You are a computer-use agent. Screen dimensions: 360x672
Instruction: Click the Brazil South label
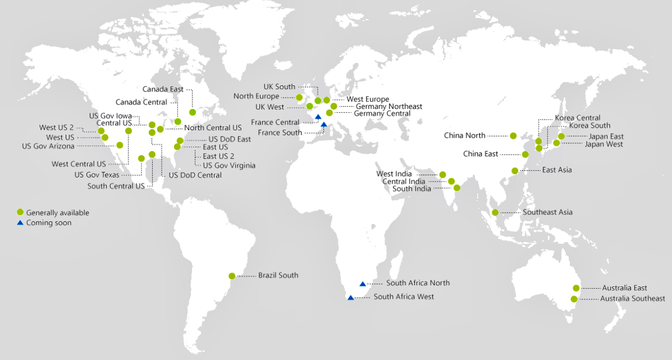[278, 275]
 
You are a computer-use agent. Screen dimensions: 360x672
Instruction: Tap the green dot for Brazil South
[232, 276]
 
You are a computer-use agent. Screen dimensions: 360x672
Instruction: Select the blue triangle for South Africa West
[351, 298]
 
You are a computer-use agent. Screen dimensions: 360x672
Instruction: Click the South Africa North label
[418, 283]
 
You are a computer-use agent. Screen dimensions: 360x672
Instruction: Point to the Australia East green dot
[576, 288]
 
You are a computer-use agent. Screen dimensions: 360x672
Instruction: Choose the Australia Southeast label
[632, 298]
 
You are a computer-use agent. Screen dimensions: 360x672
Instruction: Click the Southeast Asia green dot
[495, 212]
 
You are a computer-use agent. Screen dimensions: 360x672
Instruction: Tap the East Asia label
[556, 170]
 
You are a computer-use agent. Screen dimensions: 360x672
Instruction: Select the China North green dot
[513, 135]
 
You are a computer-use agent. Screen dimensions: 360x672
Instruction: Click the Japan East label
[606, 136]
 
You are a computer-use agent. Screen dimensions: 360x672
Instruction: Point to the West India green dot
[443, 175]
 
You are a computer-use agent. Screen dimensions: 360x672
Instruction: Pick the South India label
[412, 189]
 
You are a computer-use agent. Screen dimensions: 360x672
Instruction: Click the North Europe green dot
[299, 97]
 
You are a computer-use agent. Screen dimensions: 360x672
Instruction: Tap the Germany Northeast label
[388, 106]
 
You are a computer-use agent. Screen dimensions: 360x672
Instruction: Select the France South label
[280, 133]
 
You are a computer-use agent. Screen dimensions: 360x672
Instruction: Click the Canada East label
[163, 89]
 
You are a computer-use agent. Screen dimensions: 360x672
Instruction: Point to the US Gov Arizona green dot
[120, 145]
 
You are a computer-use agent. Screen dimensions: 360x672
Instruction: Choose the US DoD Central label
[195, 175]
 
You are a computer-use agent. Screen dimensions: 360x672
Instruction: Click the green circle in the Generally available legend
[20, 212]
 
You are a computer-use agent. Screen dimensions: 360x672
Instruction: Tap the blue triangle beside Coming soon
[20, 223]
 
